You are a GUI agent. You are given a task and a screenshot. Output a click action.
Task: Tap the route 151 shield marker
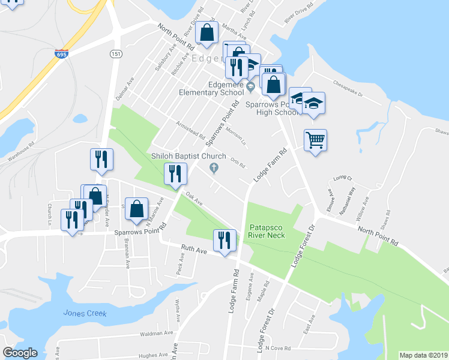[116, 54]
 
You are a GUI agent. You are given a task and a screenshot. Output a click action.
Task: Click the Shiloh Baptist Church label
[188, 157]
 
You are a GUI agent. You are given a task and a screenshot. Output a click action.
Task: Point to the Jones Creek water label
[85, 313]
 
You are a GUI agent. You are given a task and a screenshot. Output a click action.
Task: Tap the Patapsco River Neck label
[270, 231]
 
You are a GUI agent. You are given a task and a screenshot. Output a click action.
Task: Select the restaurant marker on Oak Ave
[175, 175]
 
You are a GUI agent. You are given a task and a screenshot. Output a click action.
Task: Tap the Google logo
[20, 352]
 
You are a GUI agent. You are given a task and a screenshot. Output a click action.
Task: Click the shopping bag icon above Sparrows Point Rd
[137, 209]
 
